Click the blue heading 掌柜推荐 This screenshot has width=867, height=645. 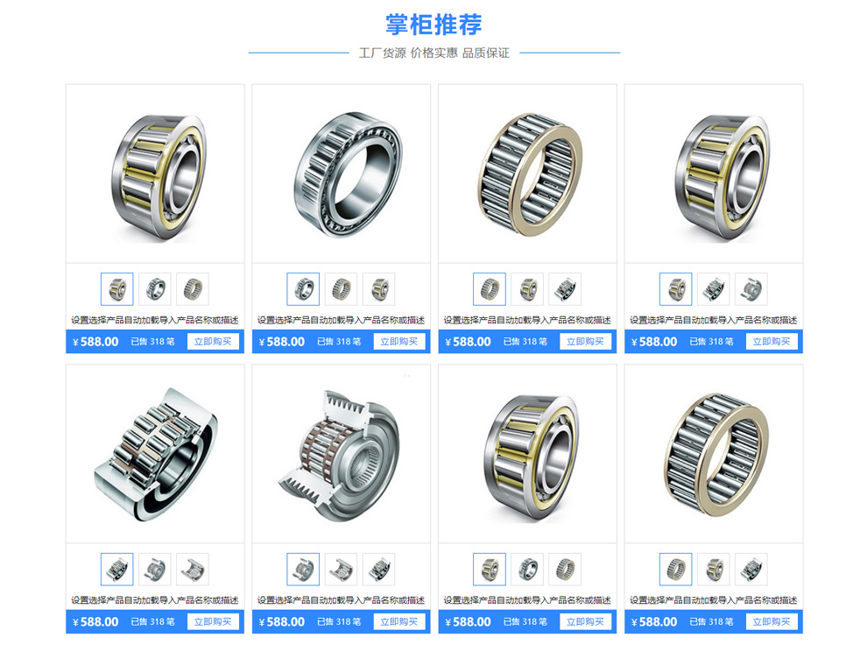433,25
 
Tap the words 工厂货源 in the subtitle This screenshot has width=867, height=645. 382,53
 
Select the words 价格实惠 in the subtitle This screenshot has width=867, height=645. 434,53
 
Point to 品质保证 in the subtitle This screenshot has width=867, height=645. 486,53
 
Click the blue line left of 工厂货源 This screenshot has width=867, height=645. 299,53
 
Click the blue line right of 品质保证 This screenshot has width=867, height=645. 569,53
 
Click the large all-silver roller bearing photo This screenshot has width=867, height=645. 348,174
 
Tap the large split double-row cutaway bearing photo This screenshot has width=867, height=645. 156,454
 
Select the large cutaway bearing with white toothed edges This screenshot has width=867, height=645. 338,456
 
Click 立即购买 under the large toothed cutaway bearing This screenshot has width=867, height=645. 399,621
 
